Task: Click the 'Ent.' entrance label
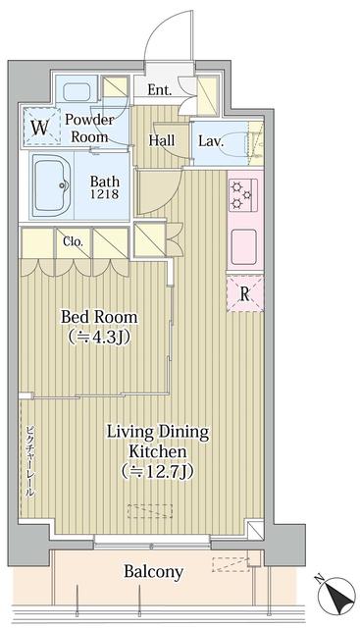point(160,91)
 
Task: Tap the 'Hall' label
point(162,140)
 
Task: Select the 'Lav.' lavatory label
point(210,141)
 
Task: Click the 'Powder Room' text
point(89,129)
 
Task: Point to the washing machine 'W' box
point(39,127)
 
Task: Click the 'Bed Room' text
point(99,317)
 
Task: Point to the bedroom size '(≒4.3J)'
point(99,337)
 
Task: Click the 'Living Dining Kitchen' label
point(157,442)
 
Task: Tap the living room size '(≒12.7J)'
point(157,471)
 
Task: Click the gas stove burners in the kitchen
point(242,193)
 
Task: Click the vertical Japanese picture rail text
point(29,462)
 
